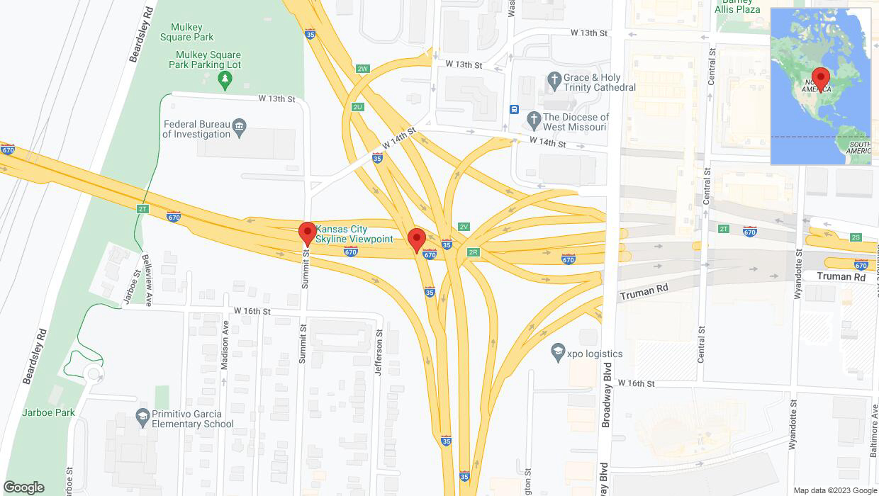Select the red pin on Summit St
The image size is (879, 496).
point(307,233)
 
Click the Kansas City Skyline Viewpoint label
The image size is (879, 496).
point(354,234)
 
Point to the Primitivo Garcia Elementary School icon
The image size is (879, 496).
point(142,416)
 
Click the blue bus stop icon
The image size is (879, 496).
point(514,110)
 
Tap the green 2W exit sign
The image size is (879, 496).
point(363,69)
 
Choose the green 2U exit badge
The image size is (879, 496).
point(357,107)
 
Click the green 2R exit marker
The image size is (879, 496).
point(474,252)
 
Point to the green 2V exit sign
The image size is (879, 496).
point(464,227)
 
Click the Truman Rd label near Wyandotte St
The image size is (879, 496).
point(841,276)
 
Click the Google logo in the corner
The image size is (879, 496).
point(23,487)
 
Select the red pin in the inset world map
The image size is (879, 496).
point(821,78)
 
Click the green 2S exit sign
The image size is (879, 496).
point(856,237)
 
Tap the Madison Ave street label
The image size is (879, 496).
point(225,344)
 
